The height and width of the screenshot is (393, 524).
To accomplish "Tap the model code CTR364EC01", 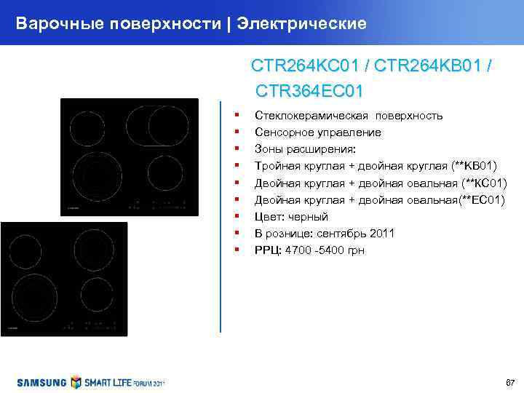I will pos(309,92).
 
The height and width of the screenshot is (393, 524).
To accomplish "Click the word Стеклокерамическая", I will pos(314,116).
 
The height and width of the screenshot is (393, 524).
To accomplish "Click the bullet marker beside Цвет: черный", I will pos(237,216).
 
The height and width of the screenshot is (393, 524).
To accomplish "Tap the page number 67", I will pos(509,383).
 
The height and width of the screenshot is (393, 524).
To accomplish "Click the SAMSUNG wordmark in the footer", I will pos(41,383).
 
